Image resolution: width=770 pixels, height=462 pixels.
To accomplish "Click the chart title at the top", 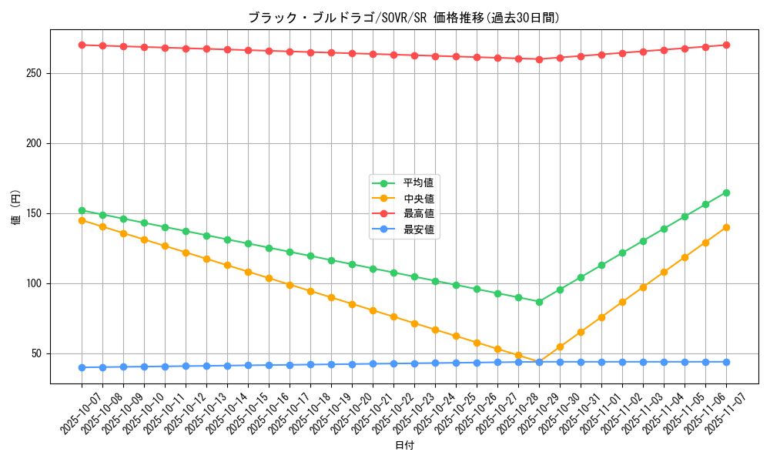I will (x=403, y=18).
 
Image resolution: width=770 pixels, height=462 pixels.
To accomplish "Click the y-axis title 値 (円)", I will (x=15, y=209).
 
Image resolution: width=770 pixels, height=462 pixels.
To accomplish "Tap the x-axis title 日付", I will (x=404, y=446).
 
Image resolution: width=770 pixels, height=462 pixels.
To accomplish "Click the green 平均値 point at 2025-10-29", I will (x=539, y=302).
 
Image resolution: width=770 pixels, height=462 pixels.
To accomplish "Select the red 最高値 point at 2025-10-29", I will (x=539, y=59).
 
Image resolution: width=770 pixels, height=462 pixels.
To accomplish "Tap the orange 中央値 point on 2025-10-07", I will (x=82, y=220).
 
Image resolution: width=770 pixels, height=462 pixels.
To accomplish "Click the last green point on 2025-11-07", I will (x=726, y=192).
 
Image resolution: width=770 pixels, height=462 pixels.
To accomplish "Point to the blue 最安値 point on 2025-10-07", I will (x=82, y=367).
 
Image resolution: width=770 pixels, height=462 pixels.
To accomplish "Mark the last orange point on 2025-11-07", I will (x=726, y=227).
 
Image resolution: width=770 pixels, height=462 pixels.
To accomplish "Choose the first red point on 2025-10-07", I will (x=82, y=45).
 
